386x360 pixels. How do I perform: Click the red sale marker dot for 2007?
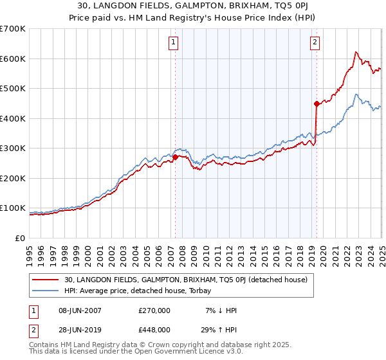pyautogui.click(x=175, y=157)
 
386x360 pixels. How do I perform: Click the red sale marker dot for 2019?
pyautogui.click(x=317, y=104)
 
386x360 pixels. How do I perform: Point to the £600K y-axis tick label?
pyautogui.click(x=13, y=59)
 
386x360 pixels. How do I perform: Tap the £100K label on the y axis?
pyautogui.click(x=13, y=208)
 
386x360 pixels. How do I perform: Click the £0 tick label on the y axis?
pyautogui.click(x=21, y=238)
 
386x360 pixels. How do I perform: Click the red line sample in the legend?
pyautogui.click(x=46, y=280)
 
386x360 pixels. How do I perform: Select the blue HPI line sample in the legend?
pyautogui.click(x=46, y=290)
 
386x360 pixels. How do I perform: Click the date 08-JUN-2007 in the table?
pyautogui.click(x=81, y=310)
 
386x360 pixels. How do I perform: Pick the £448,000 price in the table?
pyautogui.click(x=154, y=330)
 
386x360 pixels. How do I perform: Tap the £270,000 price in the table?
pyautogui.click(x=154, y=310)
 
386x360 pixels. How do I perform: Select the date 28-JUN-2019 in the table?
pyautogui.click(x=81, y=330)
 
